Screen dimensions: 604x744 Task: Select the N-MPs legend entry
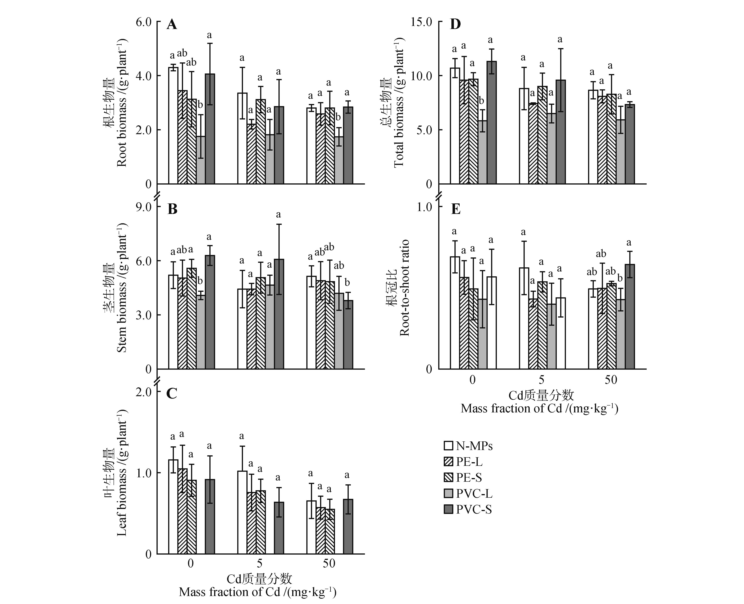pos(468,446)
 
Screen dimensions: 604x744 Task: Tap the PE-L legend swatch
pos(449,462)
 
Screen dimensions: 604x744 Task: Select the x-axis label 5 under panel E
pos(541,379)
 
